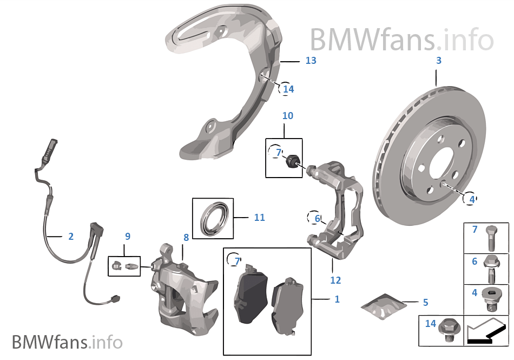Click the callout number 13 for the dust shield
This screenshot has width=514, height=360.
click(310, 61)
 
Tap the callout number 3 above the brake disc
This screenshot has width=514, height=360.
click(439, 61)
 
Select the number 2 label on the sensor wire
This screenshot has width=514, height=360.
click(71, 237)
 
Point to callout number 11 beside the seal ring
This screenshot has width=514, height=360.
click(259, 218)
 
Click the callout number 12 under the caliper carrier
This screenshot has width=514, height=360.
click(335, 280)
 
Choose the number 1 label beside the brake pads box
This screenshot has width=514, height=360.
click(337, 299)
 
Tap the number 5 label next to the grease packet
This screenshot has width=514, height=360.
click(425, 302)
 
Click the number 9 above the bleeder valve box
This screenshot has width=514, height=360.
click(128, 237)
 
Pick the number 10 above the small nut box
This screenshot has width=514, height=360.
click(287, 116)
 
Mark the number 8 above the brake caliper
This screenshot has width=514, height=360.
click(186, 237)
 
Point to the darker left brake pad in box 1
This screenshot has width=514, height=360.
click(250, 295)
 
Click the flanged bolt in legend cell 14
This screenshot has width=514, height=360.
click(447, 328)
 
